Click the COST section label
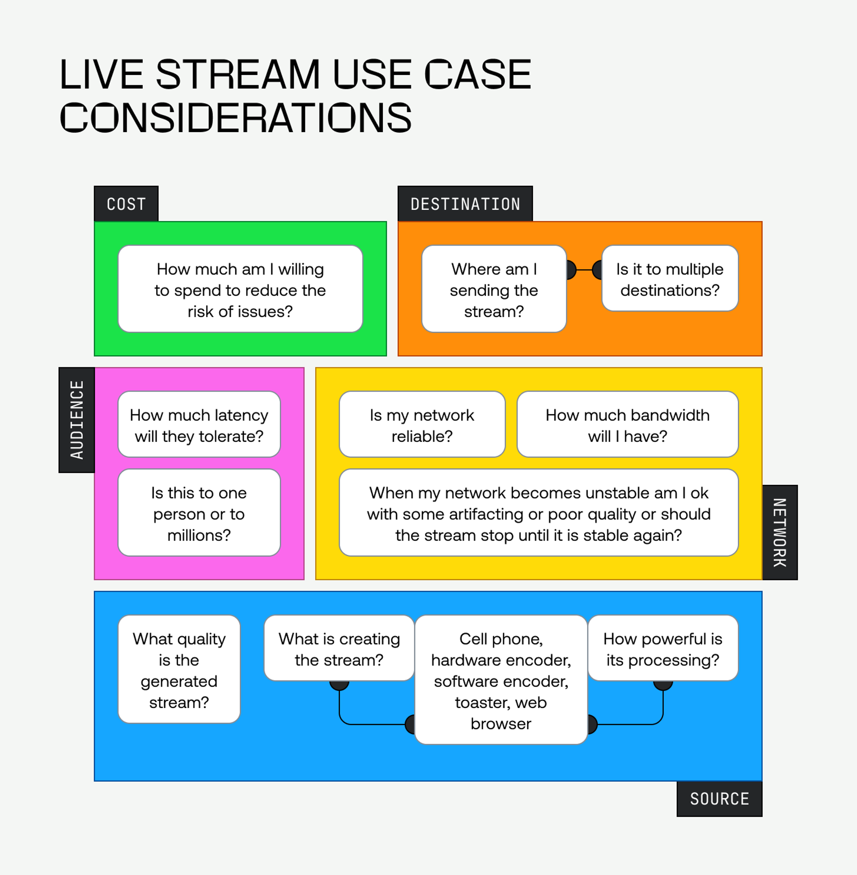click(126, 204)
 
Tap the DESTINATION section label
click(465, 204)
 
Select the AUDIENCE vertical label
click(76, 420)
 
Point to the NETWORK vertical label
click(780, 533)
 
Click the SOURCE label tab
click(719, 799)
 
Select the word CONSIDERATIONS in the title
click(235, 117)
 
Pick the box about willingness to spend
click(240, 289)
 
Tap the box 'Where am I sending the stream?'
click(494, 289)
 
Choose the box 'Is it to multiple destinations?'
click(670, 279)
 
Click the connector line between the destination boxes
click(584, 270)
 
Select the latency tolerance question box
click(199, 425)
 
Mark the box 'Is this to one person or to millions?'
click(199, 512)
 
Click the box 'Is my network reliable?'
click(422, 425)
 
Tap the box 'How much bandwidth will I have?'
click(628, 425)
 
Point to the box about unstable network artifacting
click(538, 512)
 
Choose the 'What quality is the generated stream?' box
click(179, 669)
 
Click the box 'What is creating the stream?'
click(339, 648)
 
